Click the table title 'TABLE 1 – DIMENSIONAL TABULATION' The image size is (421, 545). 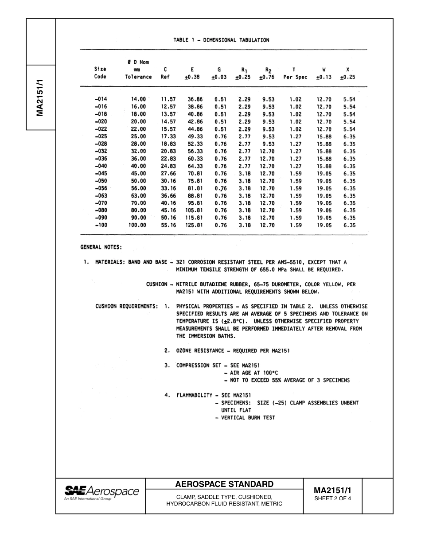tap(221, 40)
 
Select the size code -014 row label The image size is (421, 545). tap(101, 99)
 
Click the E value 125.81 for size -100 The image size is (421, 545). tap(194, 225)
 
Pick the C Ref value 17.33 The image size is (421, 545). tap(168, 136)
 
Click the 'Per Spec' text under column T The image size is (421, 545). tap(295, 77)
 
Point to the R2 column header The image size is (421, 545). tap(268, 70)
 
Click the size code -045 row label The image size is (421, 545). tap(101, 173)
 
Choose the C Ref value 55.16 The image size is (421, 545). tap(168, 225)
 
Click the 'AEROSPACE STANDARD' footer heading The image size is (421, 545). tap(225, 484)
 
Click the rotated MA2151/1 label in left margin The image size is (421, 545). tap(40, 97)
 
